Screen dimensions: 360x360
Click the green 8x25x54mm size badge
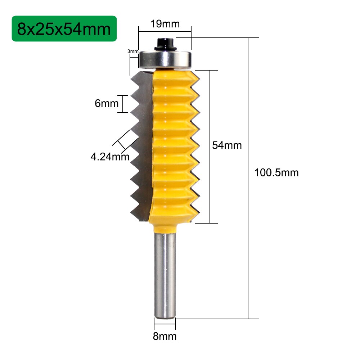click(64, 28)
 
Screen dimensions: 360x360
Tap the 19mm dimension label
click(165, 24)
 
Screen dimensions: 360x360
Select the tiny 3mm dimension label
click(133, 51)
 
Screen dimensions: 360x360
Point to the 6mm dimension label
click(107, 104)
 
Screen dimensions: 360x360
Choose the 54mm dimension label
click(226, 145)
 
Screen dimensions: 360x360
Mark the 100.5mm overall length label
click(276, 172)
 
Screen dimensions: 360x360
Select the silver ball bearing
click(165, 59)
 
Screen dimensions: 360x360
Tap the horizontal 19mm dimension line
click(165, 31)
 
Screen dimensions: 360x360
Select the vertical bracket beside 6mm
click(123, 104)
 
